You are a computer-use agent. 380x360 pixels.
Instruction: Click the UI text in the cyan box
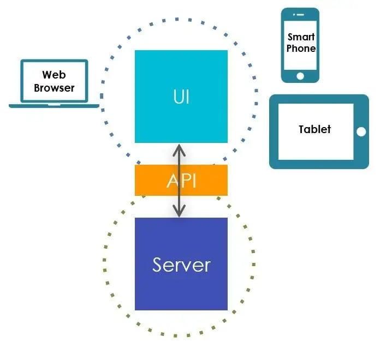(x=181, y=97)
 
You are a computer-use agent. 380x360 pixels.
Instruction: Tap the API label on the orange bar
(x=181, y=181)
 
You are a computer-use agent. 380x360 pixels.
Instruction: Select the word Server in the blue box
(x=181, y=265)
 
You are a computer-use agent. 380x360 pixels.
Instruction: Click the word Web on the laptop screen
(x=54, y=75)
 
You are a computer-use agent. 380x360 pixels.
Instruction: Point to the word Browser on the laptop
(x=54, y=88)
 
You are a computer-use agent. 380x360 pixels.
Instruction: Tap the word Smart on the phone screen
(x=301, y=37)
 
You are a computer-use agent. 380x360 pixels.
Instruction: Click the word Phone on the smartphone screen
(x=301, y=49)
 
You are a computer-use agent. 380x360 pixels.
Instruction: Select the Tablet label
(x=314, y=129)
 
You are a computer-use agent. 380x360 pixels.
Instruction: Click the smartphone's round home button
(x=300, y=76)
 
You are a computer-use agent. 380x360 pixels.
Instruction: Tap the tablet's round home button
(x=361, y=132)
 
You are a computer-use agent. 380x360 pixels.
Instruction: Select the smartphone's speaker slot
(x=300, y=15)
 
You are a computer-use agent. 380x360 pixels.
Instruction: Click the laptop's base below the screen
(x=54, y=106)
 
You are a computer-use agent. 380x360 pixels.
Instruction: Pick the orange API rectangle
(x=181, y=180)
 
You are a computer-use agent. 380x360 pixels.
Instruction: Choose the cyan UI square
(x=181, y=97)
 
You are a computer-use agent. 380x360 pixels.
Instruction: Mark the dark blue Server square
(x=181, y=264)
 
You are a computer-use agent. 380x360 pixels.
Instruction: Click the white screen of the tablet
(x=316, y=131)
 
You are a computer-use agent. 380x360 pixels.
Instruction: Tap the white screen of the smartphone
(x=300, y=45)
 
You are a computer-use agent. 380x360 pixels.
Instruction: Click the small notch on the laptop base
(x=54, y=105)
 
